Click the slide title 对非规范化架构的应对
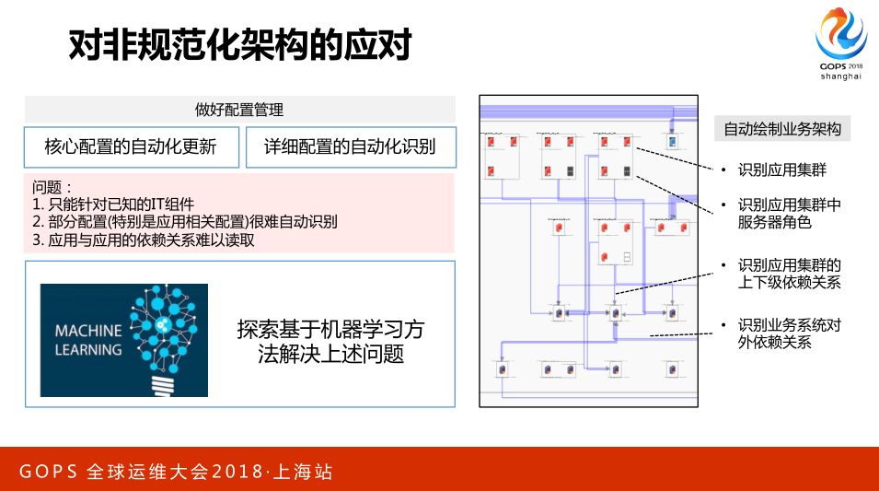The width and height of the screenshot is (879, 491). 239,45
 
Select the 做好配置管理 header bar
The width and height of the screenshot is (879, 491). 239,109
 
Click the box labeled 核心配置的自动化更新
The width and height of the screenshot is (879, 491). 131,147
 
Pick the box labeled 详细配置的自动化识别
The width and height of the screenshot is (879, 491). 350,147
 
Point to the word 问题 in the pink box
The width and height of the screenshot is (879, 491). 52,187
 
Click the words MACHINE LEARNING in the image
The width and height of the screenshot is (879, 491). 88,340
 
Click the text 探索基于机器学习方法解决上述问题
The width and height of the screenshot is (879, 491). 330,341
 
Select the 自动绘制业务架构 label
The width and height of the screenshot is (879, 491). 782,129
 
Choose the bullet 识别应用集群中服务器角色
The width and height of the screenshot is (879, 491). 788,213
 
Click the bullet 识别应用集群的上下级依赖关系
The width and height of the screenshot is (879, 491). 789,274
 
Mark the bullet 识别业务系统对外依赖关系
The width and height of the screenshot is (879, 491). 789,333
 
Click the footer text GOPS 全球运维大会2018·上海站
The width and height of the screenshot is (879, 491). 176,473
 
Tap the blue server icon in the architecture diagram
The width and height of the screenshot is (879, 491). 672,142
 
